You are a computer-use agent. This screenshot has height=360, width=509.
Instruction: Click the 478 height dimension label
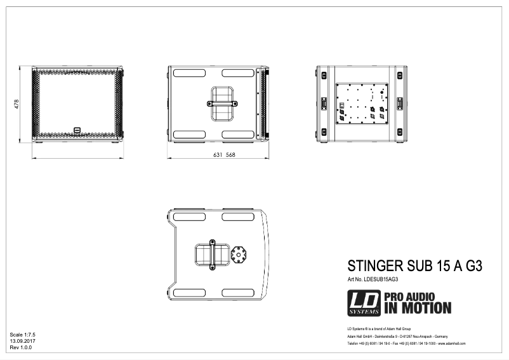[x=18, y=103]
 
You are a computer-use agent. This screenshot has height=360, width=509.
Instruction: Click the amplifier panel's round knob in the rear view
[x=382, y=91]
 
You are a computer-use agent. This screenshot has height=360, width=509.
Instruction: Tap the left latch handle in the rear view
[x=324, y=103]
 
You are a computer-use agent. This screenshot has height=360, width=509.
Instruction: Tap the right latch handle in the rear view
[x=400, y=103]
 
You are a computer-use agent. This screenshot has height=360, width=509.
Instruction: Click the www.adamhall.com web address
[x=452, y=343]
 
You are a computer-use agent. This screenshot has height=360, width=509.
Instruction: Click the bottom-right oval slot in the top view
[x=238, y=292]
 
